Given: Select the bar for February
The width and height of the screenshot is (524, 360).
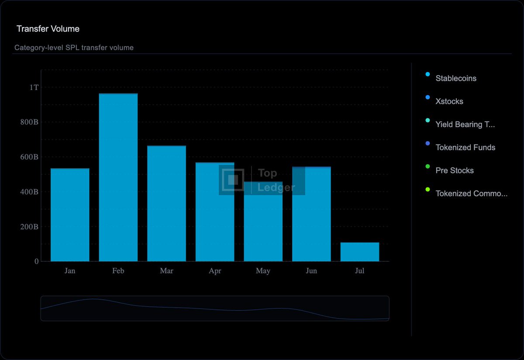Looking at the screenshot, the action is coord(118,177).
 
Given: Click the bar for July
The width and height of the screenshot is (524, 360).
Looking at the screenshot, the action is coord(359,252).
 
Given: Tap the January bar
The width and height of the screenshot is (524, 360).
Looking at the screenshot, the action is coord(70,215).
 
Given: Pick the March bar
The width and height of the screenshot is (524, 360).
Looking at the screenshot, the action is coord(166,204).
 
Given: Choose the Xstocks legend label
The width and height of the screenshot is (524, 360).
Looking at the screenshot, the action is coord(449,101).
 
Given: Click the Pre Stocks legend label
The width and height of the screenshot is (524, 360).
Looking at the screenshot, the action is coord(455,170).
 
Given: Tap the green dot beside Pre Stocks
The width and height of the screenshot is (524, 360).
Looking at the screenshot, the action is coord(427,166).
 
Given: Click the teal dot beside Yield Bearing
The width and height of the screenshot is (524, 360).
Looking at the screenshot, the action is coord(427,120).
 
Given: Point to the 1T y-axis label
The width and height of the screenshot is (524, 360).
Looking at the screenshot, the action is coord(34,87).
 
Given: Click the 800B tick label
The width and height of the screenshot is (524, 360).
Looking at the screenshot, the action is coord(29,122).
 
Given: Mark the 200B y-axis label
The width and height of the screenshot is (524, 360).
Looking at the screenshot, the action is coord(29,227).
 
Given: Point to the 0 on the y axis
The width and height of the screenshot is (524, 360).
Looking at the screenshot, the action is coord(37,261).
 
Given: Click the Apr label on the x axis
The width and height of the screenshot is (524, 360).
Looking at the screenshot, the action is coord(215,271).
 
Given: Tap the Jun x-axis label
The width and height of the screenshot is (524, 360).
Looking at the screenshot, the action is coord(311,271).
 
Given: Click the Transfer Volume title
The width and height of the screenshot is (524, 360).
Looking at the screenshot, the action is coord(48,29).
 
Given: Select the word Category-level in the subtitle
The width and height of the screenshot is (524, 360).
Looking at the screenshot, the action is coord(39,48).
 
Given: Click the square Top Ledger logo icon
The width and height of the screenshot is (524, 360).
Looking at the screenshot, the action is coord(233,180).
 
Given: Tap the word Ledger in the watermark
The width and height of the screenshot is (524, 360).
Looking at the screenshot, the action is coord(276,188).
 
